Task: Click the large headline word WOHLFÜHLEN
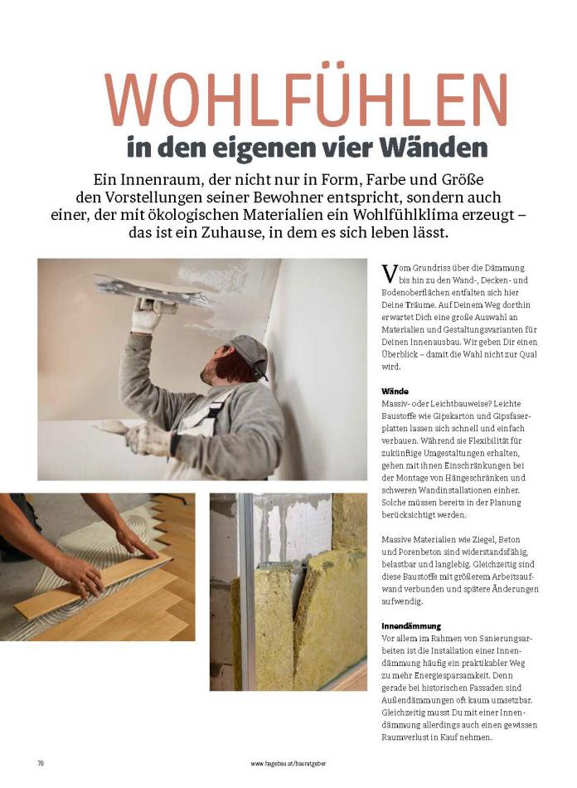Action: tap(306, 100)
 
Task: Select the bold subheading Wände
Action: tap(395, 389)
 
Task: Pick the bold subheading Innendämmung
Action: tap(411, 625)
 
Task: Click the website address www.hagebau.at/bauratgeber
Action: tap(288, 762)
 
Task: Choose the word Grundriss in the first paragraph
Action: tap(434, 268)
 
